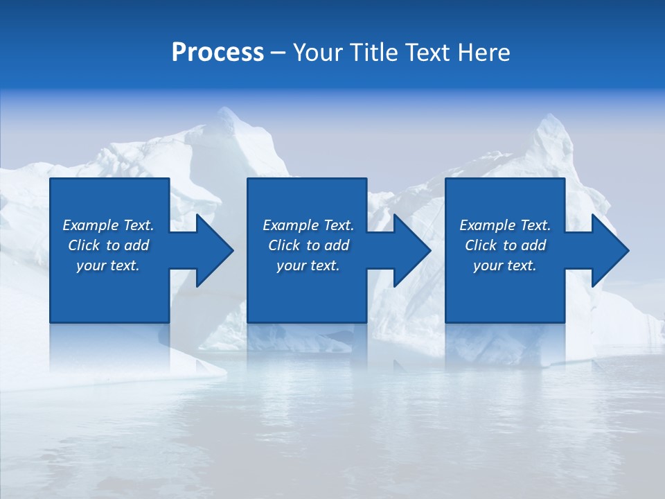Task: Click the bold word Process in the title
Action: (x=218, y=53)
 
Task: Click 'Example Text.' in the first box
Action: (x=108, y=225)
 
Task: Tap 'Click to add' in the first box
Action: (x=108, y=245)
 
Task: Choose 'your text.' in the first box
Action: (x=108, y=265)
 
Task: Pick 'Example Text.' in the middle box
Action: (x=308, y=225)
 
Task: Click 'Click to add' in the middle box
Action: (x=308, y=245)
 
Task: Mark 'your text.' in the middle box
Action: (x=308, y=265)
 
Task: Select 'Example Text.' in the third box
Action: (x=505, y=225)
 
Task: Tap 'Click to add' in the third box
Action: (x=505, y=245)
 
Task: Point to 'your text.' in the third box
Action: (x=505, y=265)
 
